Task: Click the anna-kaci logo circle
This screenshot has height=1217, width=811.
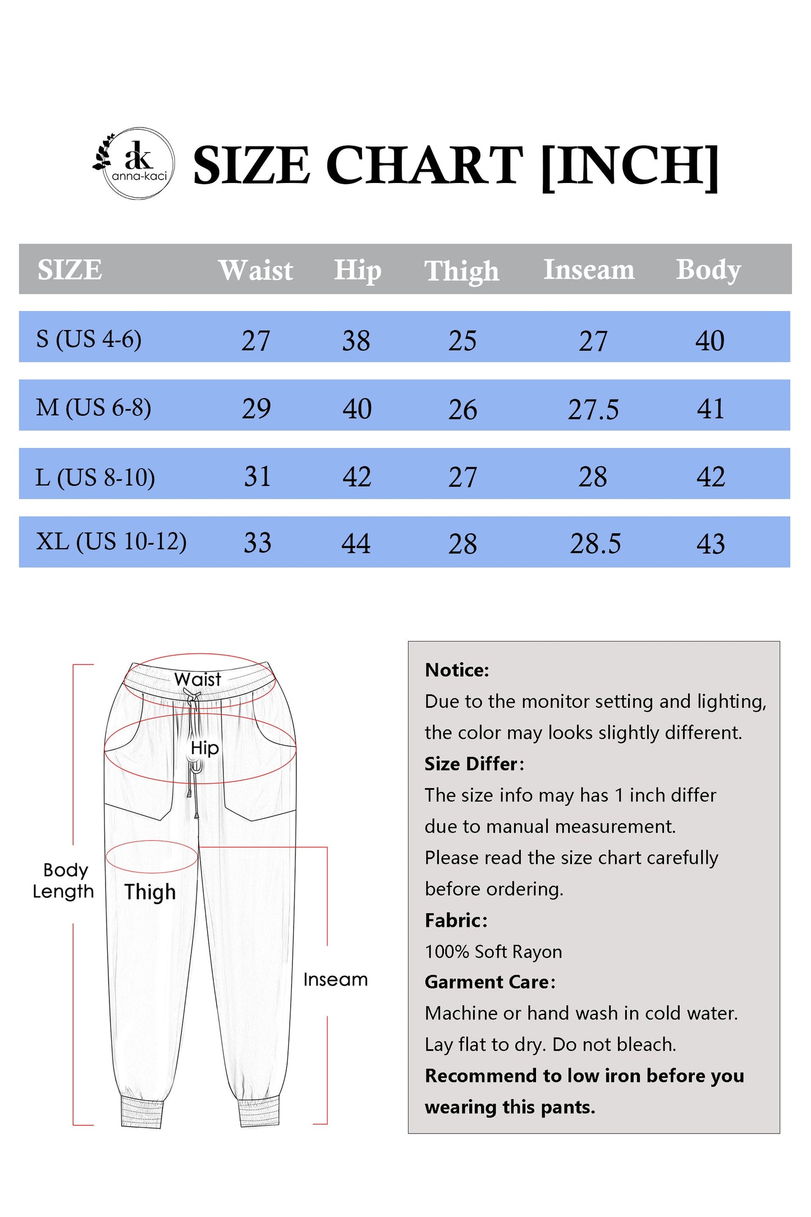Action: click(x=139, y=163)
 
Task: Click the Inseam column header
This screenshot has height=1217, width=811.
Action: click(x=589, y=269)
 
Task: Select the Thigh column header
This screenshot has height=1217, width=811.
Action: click(x=461, y=271)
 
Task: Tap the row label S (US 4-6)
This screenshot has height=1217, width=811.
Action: click(x=89, y=339)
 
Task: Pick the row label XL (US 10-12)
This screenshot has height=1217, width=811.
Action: click(x=111, y=542)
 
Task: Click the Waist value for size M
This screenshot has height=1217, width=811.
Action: click(x=256, y=408)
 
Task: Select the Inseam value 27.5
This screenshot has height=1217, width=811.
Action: click(x=593, y=409)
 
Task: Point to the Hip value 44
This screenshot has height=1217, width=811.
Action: click(x=356, y=543)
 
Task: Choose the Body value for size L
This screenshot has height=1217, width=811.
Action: click(x=711, y=477)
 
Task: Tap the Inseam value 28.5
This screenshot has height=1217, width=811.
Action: click(x=595, y=543)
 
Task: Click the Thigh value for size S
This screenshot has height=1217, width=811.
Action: click(x=462, y=341)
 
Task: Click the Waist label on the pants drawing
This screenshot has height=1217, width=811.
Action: click(x=198, y=679)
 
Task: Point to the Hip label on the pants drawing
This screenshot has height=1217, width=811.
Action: click(x=205, y=748)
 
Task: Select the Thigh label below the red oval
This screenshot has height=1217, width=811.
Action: click(x=150, y=892)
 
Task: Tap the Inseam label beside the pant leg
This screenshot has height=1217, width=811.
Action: click(x=336, y=980)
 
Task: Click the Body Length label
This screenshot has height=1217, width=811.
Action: click(x=63, y=880)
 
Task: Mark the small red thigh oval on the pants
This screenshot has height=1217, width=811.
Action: click(x=152, y=857)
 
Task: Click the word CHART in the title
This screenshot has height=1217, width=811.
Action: click(x=424, y=165)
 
